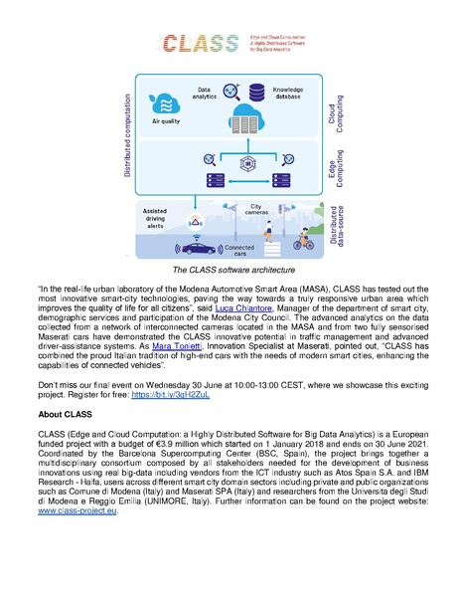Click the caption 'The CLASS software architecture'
pyautogui.click(x=230, y=269)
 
